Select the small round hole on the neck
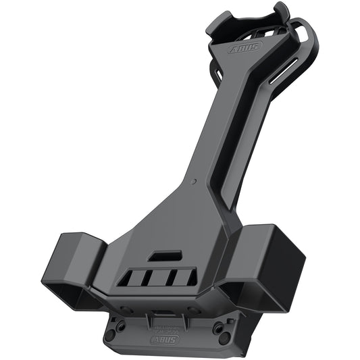194,182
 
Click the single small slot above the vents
164,256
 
